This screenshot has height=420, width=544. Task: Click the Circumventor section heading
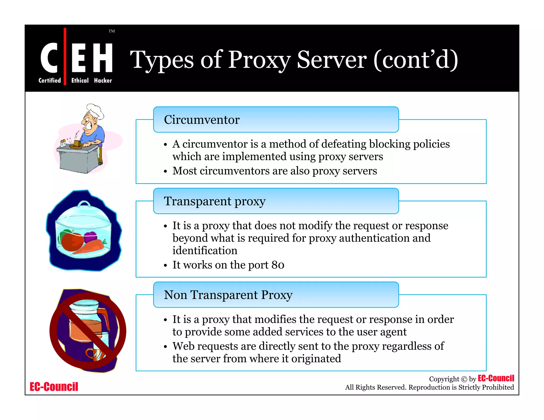click(202, 120)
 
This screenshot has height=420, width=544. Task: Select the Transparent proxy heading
click(215, 201)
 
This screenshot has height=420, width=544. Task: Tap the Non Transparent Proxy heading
click(228, 295)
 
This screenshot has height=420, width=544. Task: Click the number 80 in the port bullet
click(278, 265)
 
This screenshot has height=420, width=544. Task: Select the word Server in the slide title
click(332, 60)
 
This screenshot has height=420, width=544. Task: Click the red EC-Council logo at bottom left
click(54, 387)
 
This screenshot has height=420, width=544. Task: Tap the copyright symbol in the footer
click(464, 379)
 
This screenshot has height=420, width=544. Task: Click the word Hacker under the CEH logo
click(103, 80)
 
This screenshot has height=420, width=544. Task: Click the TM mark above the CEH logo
click(112, 31)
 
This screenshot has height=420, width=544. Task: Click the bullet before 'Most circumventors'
click(165, 172)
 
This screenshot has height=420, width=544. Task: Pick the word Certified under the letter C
click(50, 80)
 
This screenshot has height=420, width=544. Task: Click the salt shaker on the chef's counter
click(63, 144)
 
